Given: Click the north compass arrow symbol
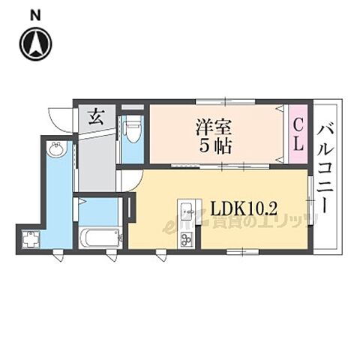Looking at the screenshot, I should tap(36, 43).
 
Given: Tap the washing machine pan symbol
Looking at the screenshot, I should tap(31, 239).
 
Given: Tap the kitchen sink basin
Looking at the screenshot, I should tap(186, 211).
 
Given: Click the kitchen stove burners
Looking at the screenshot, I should tap(185, 239).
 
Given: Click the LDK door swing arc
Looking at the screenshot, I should tap(129, 180).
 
